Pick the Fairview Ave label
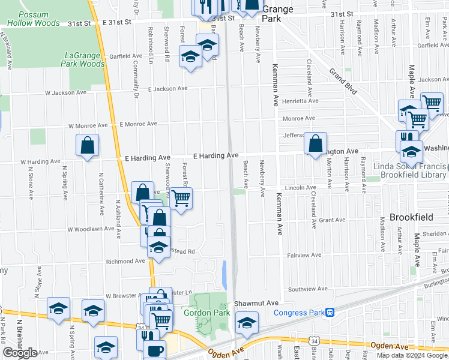coord(307,255)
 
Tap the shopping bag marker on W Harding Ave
coord(88,145)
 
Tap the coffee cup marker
coord(155,350)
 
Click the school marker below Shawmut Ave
coord(247,323)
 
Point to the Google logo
coord(20,353)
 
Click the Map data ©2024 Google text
coord(412,355)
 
